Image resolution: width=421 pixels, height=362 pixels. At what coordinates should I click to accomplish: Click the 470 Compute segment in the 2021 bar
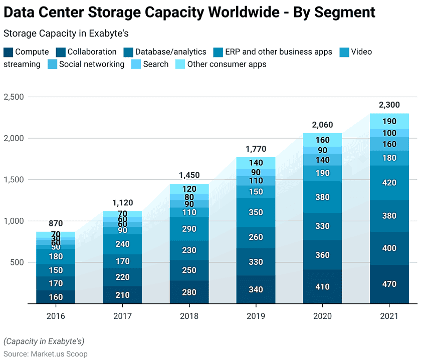pyautogui.click(x=389, y=284)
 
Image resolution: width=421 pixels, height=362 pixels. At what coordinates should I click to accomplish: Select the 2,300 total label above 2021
pyautogui.click(x=389, y=105)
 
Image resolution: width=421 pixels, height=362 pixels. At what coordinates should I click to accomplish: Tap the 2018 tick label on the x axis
pyautogui.click(x=189, y=316)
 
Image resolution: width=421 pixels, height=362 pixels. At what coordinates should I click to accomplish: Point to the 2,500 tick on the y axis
pyautogui.click(x=14, y=97)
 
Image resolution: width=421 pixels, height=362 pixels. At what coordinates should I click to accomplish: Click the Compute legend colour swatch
pyautogui.click(x=9, y=52)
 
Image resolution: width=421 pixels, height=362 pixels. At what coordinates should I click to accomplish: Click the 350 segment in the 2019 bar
pyautogui.click(x=256, y=212)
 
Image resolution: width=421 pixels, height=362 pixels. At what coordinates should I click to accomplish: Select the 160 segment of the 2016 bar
pyautogui.click(x=56, y=297)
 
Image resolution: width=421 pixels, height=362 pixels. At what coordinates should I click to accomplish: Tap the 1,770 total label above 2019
pyautogui.click(x=256, y=149)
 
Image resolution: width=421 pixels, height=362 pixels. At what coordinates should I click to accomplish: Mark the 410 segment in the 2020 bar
pyautogui.click(x=322, y=287)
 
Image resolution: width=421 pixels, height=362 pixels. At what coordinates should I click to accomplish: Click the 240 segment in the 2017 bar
pyautogui.click(x=122, y=244)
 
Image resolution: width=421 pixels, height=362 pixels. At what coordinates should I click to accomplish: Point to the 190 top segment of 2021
pyautogui.click(x=389, y=121)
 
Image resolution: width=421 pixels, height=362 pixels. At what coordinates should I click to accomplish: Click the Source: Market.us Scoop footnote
pyautogui.click(x=46, y=354)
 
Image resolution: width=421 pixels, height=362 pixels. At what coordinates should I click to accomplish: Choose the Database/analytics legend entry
pyautogui.click(x=170, y=52)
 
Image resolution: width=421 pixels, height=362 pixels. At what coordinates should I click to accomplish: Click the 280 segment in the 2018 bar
pyautogui.click(x=189, y=292)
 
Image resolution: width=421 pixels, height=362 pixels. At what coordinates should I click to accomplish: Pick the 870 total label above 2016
pyautogui.click(x=56, y=223)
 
